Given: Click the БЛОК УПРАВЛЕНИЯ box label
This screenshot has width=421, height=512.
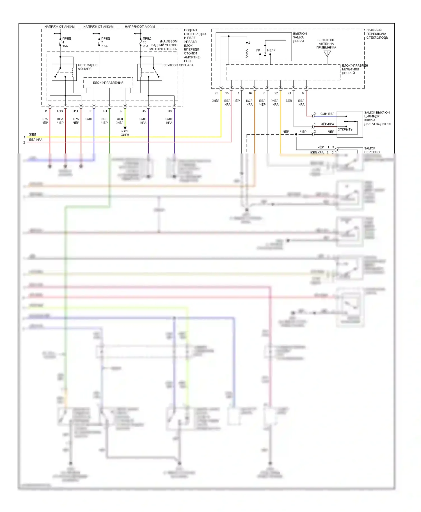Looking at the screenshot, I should [108, 83].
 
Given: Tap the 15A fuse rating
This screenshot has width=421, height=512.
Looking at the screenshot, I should [65, 46].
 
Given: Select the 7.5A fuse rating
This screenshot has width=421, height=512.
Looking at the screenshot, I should [104, 46].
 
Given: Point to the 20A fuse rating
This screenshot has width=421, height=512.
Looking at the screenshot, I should [145, 46].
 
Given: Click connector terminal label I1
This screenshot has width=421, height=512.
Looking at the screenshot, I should [46, 111].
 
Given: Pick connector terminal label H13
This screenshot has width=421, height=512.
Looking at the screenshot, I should [60, 111].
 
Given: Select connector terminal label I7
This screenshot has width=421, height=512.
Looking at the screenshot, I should [90, 111].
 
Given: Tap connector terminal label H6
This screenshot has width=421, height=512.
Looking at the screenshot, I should [170, 111].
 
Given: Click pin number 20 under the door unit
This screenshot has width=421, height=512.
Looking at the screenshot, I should [216, 93].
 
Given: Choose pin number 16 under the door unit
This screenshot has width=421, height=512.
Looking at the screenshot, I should [250, 93].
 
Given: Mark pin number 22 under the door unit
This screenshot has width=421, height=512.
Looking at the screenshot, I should [276, 93].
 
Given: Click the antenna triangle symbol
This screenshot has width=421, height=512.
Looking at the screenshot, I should [327, 53].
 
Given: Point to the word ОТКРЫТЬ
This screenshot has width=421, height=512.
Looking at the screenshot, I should [345, 129].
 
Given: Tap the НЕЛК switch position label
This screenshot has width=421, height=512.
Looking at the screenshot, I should [271, 50].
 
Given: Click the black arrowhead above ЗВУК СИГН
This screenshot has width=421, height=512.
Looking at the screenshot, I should [125, 128].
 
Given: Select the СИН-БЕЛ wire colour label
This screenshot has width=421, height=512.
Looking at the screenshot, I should [327, 114].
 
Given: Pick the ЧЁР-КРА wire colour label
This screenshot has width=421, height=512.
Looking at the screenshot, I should [327, 124].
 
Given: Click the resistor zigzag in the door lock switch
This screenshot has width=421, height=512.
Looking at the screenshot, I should [247, 53].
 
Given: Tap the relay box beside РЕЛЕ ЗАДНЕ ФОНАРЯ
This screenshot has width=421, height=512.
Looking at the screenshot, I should [64, 72].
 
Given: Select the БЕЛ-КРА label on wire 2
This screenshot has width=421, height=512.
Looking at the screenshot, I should [36, 140].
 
